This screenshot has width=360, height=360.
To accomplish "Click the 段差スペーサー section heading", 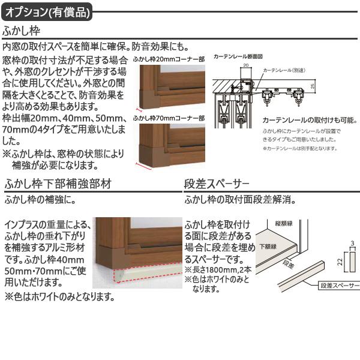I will pos(217,184).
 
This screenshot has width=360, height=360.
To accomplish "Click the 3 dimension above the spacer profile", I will pos(353,243).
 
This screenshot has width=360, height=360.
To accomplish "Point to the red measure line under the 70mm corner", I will pos(144,164).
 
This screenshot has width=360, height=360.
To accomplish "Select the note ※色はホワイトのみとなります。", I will pos(60,296).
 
